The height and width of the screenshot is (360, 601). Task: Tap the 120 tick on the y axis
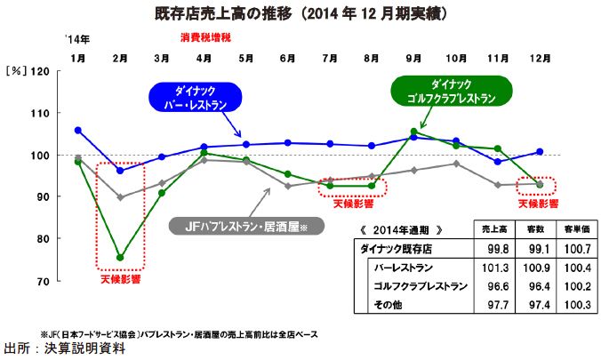pos(41,70)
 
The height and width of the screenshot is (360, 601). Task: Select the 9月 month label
pos(413,58)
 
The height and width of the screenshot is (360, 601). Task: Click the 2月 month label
pos(120,58)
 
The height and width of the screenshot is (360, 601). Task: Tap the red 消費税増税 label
pos(205,39)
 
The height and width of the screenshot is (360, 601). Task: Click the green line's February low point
pos(120,257)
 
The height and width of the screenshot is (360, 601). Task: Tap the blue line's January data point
pos(78,130)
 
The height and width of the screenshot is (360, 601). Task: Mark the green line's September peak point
pos(413,132)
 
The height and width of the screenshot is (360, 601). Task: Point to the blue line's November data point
pos(498,162)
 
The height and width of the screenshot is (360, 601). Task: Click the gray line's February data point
pos(120,197)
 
